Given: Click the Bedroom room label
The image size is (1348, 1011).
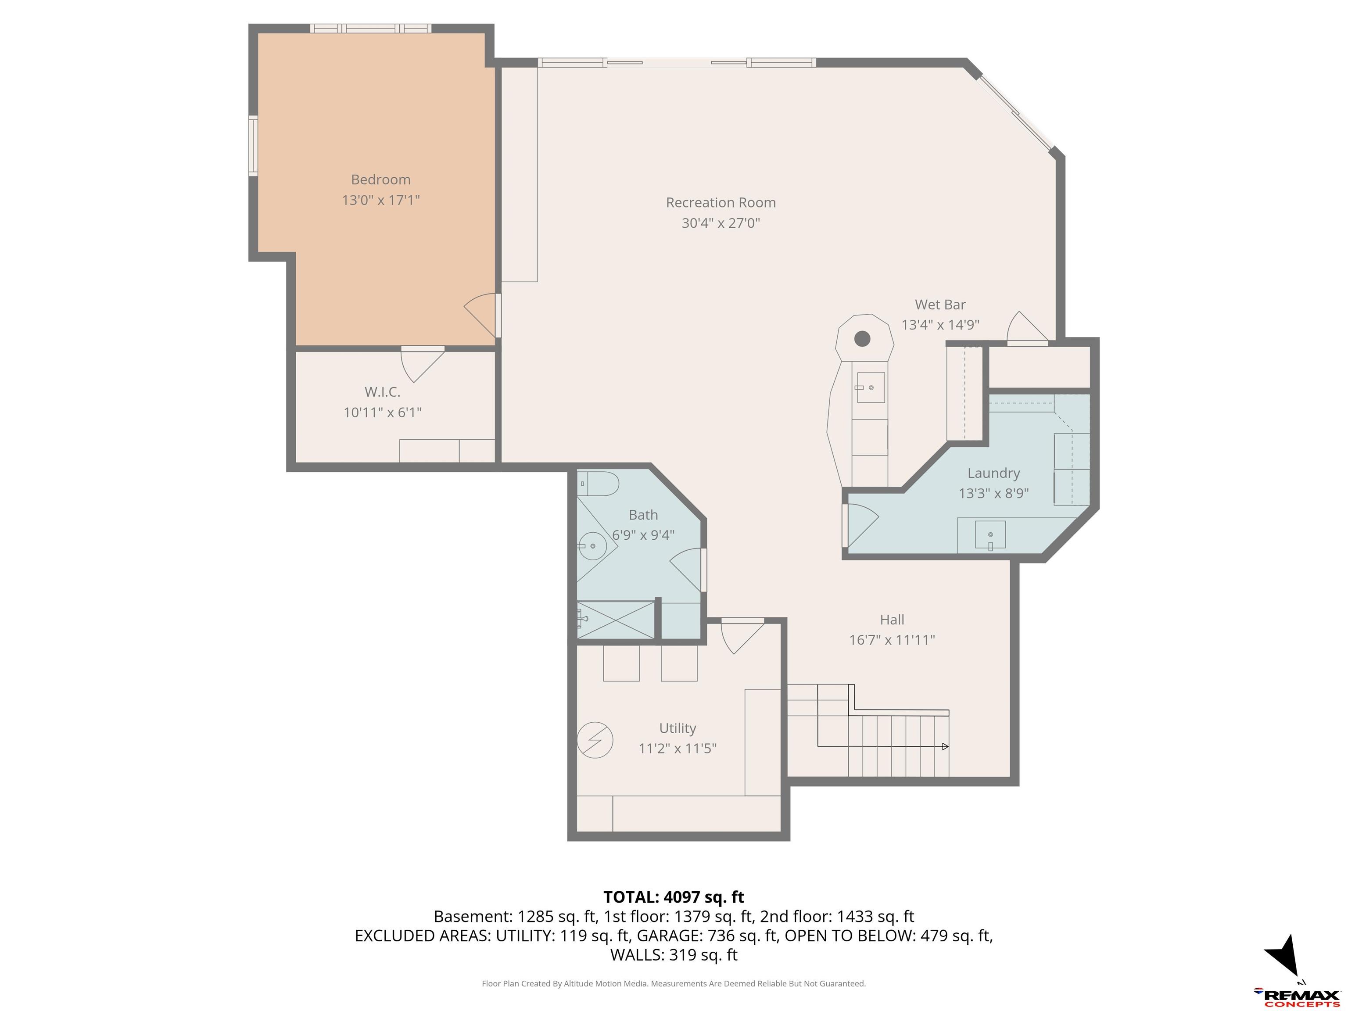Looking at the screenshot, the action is (381, 180).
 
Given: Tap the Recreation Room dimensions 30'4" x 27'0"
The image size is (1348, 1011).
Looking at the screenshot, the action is (721, 223).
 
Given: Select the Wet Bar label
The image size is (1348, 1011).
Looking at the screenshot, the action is (940, 305).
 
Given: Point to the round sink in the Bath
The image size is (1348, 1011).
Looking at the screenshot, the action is (589, 546).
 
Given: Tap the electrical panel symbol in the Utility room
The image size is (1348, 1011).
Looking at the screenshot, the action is (595, 740).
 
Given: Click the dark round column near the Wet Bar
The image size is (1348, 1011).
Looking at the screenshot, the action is (862, 339).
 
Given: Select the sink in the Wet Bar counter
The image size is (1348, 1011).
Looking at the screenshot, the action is (871, 387).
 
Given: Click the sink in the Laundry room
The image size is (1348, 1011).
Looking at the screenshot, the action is (990, 535).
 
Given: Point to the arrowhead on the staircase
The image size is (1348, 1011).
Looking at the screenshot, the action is (945, 746).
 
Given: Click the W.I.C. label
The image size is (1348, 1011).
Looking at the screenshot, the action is (382, 392).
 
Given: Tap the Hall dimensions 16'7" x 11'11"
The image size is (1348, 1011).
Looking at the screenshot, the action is (892, 640).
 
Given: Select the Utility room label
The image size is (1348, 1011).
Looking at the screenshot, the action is (678, 728).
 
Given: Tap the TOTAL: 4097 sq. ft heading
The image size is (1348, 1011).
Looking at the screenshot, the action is (674, 897).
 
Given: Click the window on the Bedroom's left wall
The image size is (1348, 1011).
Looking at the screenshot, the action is (253, 146).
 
